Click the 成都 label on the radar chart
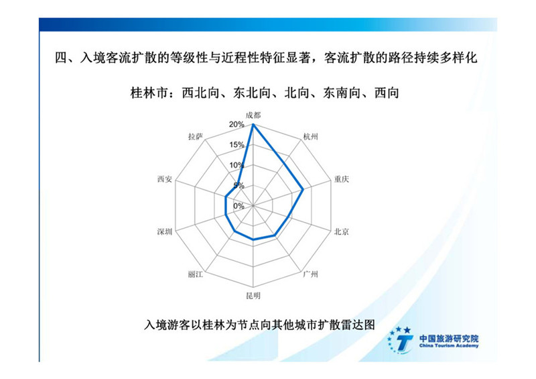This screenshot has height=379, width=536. pyautogui.click(x=253, y=115)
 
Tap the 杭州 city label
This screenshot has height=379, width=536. pyautogui.click(x=311, y=137)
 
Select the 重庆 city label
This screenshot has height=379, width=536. pyautogui.click(x=342, y=179)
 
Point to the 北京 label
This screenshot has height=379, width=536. pyautogui.click(x=342, y=232)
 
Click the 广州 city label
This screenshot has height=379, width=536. pyautogui.click(x=311, y=274)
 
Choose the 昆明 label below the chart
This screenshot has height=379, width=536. pyautogui.click(x=253, y=295)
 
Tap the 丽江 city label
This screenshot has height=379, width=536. pyautogui.click(x=196, y=274)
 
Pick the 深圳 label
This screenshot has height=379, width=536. pyautogui.click(x=164, y=232)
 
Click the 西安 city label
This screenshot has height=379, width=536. pyautogui.click(x=164, y=179)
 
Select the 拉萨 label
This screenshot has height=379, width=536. pyautogui.click(x=196, y=137)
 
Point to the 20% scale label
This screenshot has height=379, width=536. pyautogui.click(x=237, y=125)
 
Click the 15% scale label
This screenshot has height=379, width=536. pyautogui.click(x=237, y=145)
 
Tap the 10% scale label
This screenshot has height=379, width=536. pyautogui.click(x=237, y=166)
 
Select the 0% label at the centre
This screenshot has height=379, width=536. pyautogui.click(x=239, y=206)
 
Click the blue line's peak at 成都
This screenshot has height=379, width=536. pyautogui.click(x=253, y=124)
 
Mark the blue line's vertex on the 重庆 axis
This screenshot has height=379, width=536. pyautogui.click(x=303, y=189)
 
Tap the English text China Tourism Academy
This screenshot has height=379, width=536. pyautogui.click(x=449, y=346)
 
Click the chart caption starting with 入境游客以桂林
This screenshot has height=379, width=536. pyautogui.click(x=259, y=324)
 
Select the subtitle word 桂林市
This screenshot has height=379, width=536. pyautogui.click(x=149, y=93)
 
